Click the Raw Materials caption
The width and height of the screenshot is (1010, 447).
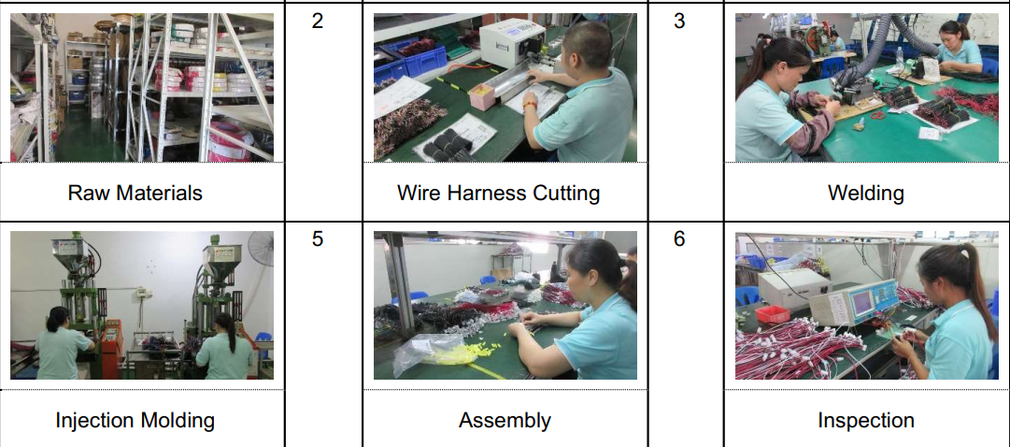click(135, 193)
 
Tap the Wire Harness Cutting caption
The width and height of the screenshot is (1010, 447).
click(499, 193)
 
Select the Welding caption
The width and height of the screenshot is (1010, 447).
click(866, 193)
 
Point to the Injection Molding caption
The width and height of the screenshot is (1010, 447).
click(135, 421)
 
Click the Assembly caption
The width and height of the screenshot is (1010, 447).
click(505, 421)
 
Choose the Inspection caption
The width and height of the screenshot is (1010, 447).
click(866, 421)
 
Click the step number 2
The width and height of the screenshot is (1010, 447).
click(317, 21)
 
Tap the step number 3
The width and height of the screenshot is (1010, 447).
click(679, 21)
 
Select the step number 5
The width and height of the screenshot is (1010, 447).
click(317, 238)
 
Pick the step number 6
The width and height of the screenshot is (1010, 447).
click(679, 238)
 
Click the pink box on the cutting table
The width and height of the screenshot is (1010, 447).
click(482, 96)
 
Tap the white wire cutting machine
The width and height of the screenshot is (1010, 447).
click(512, 42)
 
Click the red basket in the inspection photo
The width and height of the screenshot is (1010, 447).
click(773, 314)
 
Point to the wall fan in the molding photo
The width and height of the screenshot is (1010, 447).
click(261, 249)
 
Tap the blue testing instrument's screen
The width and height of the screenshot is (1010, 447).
click(861, 300)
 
